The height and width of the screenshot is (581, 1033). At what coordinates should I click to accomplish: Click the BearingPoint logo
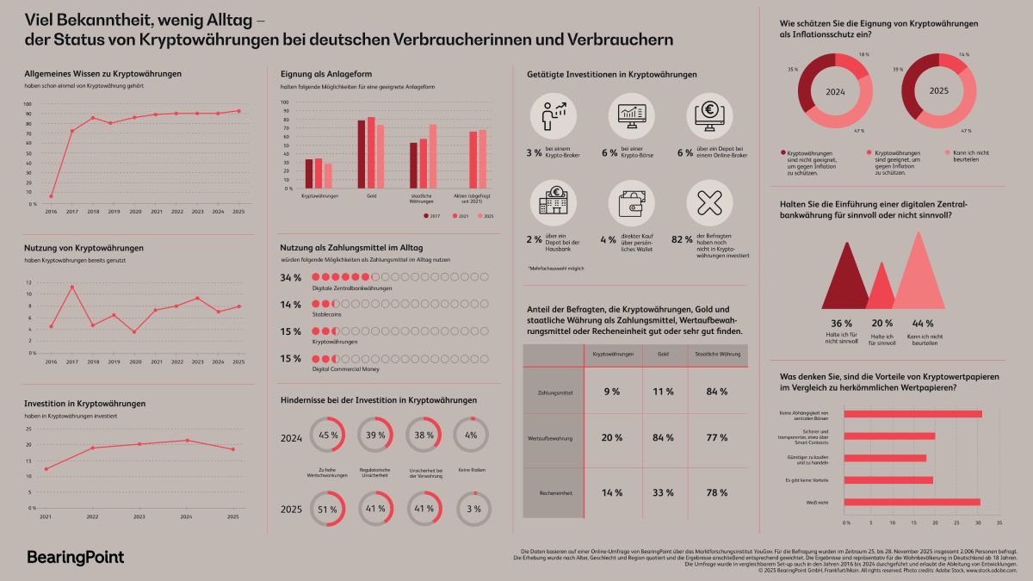click(76, 557)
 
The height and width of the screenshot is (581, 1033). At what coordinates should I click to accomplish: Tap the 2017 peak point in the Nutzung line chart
click(72, 287)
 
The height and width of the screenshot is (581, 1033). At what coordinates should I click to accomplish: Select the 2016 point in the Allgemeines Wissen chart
click(51, 196)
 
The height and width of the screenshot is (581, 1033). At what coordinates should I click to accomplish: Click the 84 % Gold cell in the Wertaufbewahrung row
click(661, 437)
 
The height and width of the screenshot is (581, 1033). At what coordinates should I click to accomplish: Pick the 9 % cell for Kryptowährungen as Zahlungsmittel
click(611, 392)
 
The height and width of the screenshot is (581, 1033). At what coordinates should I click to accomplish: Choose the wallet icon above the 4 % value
click(634, 203)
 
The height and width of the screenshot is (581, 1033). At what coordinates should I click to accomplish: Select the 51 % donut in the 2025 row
click(328, 509)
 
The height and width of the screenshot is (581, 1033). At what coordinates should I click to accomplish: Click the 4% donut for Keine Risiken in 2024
click(473, 436)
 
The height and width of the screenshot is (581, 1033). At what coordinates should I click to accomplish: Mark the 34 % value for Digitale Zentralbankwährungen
click(291, 278)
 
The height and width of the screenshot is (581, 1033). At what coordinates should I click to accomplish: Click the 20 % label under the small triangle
click(880, 324)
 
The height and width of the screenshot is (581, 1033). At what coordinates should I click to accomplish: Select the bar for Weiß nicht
click(912, 502)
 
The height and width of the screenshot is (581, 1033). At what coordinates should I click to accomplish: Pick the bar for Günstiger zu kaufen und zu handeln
click(886, 458)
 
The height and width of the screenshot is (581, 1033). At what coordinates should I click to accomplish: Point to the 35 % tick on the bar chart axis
click(1000, 522)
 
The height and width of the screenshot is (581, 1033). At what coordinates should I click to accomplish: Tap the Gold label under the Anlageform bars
click(371, 196)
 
